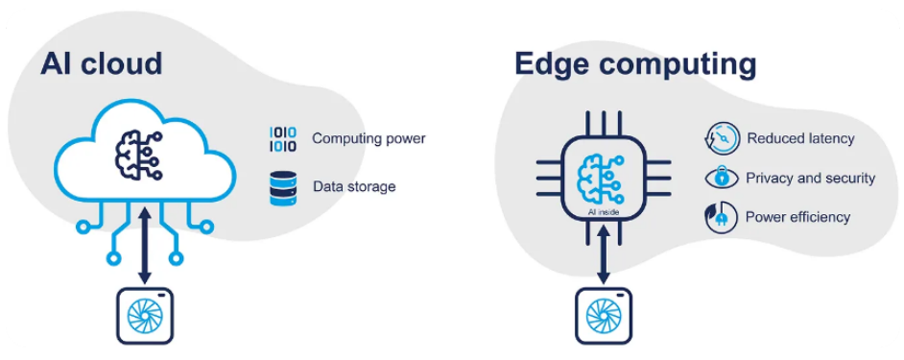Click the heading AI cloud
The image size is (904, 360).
coord(101,63)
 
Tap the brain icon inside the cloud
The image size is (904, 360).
coord(139,156)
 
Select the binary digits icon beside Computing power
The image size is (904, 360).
coord(283,139)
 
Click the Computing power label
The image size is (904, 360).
coord(369,139)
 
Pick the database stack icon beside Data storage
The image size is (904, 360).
coord(283,187)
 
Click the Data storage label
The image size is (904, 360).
coord(354,187)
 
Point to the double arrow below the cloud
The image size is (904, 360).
coord(144,245)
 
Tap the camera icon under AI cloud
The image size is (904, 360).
coord(145,316)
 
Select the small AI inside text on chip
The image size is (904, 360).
coord(603,212)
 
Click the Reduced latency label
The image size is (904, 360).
coord(800,138)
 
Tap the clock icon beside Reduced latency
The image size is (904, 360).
coord(722,139)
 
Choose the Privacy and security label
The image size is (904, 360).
coord(811,178)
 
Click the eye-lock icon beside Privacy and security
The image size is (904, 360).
coord(722,178)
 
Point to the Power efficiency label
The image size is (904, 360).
coord(797,217)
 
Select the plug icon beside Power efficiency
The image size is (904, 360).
coord(722,217)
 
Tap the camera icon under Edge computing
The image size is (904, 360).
coord(603,316)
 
